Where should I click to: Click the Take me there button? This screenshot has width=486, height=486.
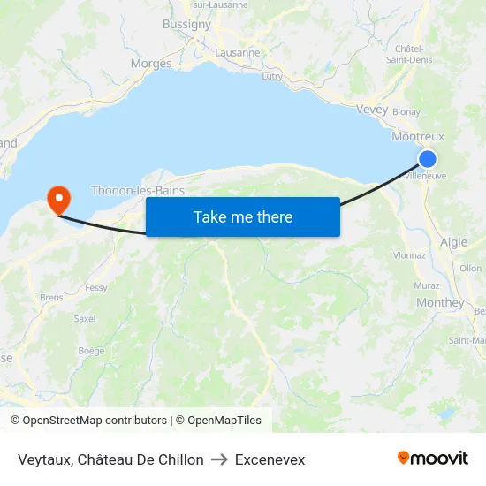(x=243, y=217)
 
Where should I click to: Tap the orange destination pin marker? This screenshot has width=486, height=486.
(x=59, y=198)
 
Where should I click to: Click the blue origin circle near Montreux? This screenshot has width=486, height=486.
(x=427, y=159)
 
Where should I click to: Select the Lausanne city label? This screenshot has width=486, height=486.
(x=238, y=52)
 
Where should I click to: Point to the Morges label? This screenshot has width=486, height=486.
(x=151, y=64)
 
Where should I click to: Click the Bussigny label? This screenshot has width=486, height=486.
(x=186, y=25)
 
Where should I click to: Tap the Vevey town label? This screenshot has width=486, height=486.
(x=372, y=110)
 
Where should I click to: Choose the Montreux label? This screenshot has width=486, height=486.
(x=417, y=137)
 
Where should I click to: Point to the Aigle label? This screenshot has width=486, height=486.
(x=453, y=242)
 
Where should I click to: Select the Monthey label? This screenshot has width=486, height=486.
(x=439, y=303)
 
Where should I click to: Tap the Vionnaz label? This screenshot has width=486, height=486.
(x=409, y=255)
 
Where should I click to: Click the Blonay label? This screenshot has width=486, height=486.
(x=406, y=112)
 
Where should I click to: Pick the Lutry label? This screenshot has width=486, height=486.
(x=272, y=76)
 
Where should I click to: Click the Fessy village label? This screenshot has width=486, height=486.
(x=96, y=288)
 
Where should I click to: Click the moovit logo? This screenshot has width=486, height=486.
(x=433, y=459)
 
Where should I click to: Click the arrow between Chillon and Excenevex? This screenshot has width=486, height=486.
(x=219, y=459)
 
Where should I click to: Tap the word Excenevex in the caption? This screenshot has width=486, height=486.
(x=270, y=459)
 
